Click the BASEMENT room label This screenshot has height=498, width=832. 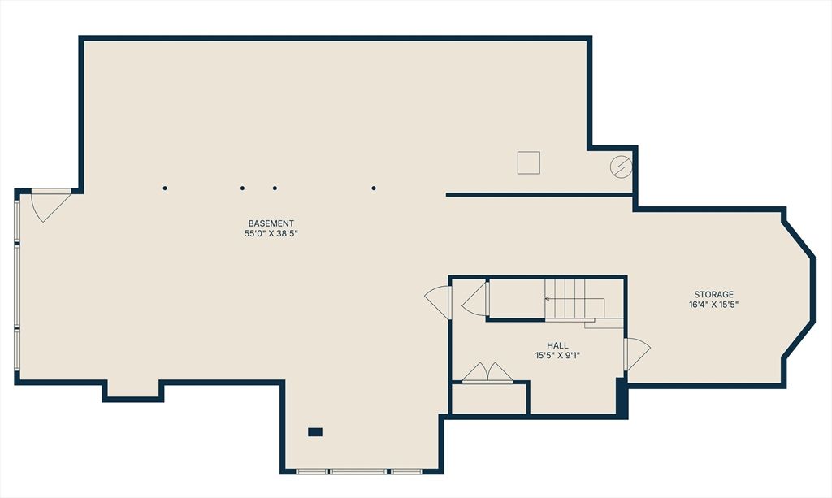coord(271,223)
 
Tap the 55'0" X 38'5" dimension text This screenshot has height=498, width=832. coord(271,234)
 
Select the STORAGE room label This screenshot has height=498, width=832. coord(713,294)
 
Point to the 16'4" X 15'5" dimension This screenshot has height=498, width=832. coord(713,305)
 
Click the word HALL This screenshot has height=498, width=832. coord(557,346)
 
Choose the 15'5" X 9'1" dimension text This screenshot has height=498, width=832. coord(557,356)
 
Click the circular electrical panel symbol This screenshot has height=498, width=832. coord(621,167)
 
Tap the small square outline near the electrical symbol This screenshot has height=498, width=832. coord(529,162)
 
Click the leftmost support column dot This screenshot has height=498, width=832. coord(165,188)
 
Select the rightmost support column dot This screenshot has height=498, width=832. coord(374,188)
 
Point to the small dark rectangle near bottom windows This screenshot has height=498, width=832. coord(315,432)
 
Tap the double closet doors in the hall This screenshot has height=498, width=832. coord(487,372)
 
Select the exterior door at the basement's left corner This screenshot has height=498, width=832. coord(51,205)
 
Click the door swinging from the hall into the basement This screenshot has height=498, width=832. coord(438,302)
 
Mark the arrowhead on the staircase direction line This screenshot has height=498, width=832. coord(547,299)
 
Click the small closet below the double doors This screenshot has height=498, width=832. coord(489,398)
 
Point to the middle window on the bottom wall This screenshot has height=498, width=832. coord(358,471)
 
